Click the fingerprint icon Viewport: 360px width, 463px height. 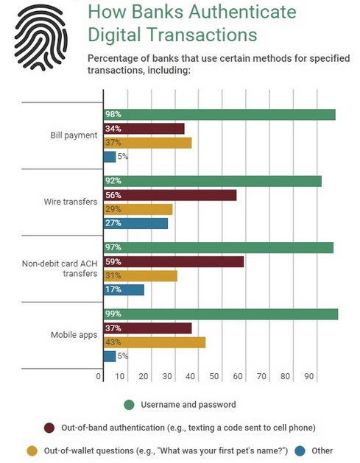[x=40, y=38]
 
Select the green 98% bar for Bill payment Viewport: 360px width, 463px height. [x=219, y=115]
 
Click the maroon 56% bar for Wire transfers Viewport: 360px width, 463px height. [x=170, y=195]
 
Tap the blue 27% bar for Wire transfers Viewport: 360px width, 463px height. [x=135, y=223]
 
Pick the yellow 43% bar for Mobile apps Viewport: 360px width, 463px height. [x=155, y=342]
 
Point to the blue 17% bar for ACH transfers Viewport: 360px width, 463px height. [x=124, y=290]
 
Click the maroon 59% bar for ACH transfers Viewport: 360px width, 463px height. [x=174, y=261]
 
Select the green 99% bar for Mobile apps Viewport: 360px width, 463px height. [x=221, y=314]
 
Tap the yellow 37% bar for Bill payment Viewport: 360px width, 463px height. [x=147, y=143]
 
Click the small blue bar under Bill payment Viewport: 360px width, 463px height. [x=110, y=157]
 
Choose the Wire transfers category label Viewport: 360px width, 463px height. [x=71, y=202]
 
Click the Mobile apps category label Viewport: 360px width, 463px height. [x=74, y=335]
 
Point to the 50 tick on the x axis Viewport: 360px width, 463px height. [x=214, y=376]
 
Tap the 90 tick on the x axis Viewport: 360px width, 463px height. [x=309, y=376]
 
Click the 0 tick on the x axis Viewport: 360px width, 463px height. [x=99, y=376]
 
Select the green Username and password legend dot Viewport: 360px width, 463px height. [x=129, y=405]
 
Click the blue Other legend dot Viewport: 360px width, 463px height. [x=300, y=451]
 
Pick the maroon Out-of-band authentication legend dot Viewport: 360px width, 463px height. [x=49, y=428]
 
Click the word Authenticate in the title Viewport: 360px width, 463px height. [x=242, y=12]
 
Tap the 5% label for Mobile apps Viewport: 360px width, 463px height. [x=122, y=356]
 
